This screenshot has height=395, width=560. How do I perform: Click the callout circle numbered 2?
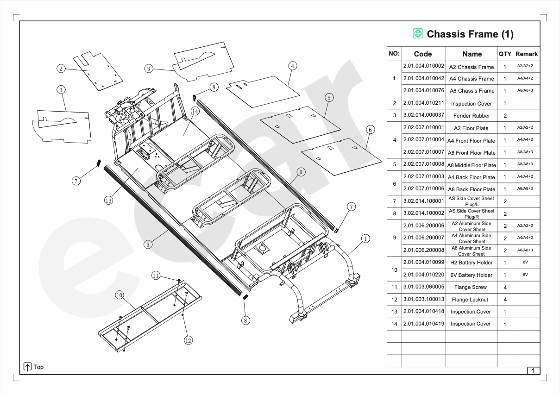pyautogui.click(x=61, y=69)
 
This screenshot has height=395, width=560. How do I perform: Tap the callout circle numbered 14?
pyautogui.click(x=195, y=111)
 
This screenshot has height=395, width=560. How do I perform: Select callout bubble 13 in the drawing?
pyautogui.click(x=108, y=201)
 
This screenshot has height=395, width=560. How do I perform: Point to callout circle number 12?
pyautogui.click(x=188, y=340)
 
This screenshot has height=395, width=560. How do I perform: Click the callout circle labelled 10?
pyautogui.click(x=120, y=295)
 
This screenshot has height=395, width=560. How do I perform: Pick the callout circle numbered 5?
pyautogui.click(x=329, y=97)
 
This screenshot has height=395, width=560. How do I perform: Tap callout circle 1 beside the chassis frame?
pyautogui.click(x=365, y=238)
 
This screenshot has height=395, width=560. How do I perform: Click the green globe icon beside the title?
pyautogui.click(x=418, y=34)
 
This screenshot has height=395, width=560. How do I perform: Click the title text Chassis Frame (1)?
pyautogui.click(x=470, y=34)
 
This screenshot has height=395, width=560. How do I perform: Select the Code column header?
pyautogui.click(x=423, y=54)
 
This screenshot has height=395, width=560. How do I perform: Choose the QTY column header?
pyautogui.click(x=504, y=54)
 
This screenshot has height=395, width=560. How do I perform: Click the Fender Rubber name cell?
pyautogui.click(x=472, y=116)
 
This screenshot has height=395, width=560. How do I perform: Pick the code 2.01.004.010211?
pyautogui.click(x=423, y=103)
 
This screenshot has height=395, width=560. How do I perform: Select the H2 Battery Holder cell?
pyautogui.click(x=472, y=263)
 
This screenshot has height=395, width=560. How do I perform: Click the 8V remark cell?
pyautogui.click(x=525, y=262)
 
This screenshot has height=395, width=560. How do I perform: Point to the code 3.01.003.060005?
pyautogui.click(x=423, y=287)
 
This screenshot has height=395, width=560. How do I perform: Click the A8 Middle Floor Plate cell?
pyautogui.click(x=472, y=165)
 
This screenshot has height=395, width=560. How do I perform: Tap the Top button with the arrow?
pyautogui.click(x=33, y=367)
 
